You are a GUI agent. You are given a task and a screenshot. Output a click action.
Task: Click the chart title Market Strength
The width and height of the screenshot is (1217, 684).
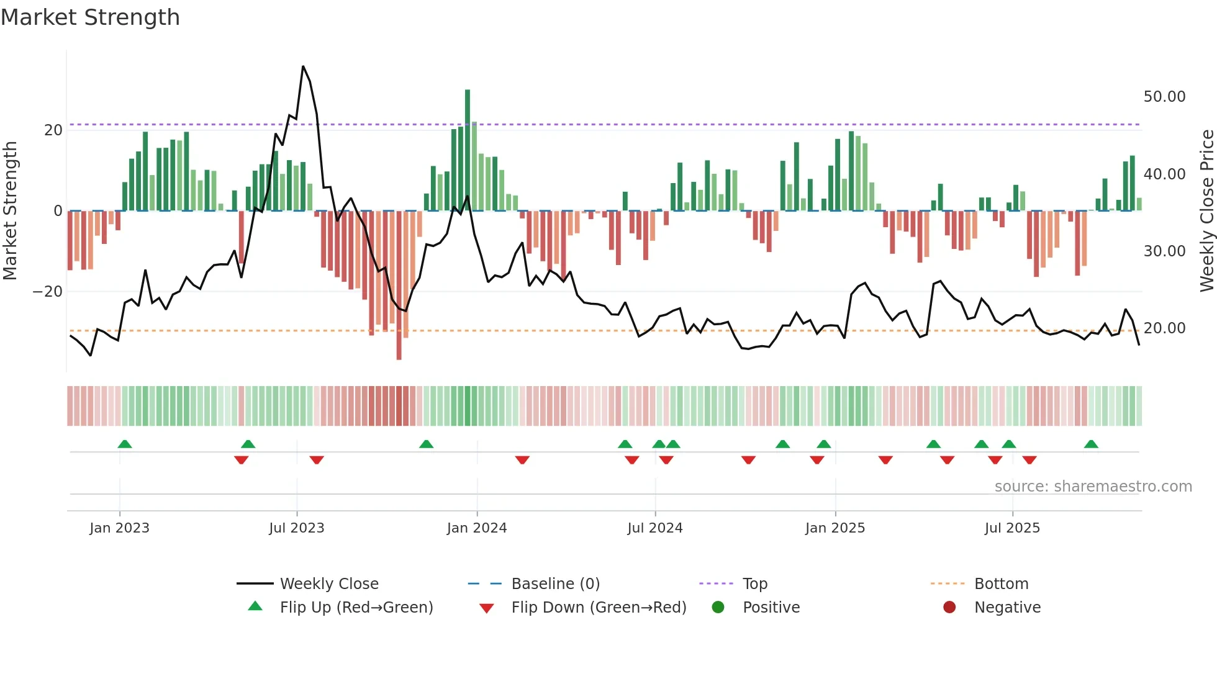[90, 17]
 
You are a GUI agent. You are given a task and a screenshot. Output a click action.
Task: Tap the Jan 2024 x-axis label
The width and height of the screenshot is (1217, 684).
[476, 528]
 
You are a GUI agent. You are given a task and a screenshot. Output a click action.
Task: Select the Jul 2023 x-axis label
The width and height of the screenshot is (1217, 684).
[296, 528]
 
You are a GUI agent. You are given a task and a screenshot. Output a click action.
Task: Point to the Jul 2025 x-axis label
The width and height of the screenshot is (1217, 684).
[1011, 528]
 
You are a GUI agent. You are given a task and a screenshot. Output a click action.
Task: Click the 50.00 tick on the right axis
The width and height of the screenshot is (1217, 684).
[1164, 97]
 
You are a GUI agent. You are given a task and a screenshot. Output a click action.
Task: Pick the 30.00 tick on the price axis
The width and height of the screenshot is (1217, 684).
[1164, 251]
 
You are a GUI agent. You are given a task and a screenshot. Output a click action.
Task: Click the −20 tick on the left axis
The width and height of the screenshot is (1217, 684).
[48, 291]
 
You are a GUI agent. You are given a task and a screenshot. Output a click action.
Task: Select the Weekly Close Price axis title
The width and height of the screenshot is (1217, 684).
[1206, 210]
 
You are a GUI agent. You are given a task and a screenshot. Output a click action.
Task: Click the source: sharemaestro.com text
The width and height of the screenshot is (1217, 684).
[1093, 486]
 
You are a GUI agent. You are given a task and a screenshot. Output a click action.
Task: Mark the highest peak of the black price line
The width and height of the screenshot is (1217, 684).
[303, 66]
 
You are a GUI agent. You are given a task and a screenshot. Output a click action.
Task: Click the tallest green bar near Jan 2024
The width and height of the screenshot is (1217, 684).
[468, 149]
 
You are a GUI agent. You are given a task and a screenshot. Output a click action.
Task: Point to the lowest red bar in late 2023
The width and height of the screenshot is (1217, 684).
[399, 286]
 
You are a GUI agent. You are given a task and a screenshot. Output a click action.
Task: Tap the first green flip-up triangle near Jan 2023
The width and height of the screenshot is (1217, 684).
[125, 444]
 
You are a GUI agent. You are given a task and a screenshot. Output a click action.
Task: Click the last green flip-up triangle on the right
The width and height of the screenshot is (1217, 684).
[1091, 444]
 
